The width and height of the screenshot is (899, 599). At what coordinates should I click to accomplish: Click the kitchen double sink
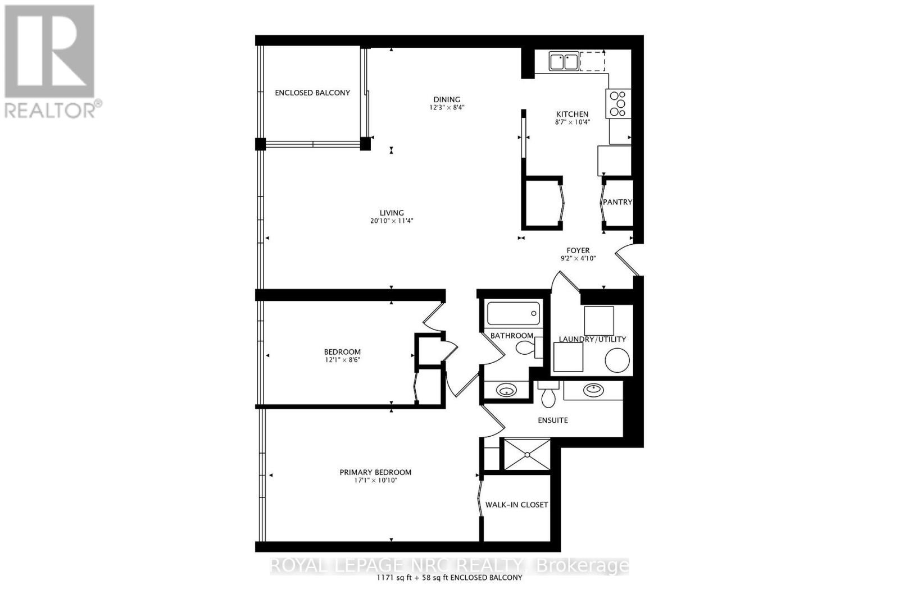pos(564,61)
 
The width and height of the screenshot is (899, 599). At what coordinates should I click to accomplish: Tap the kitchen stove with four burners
pos(618,104)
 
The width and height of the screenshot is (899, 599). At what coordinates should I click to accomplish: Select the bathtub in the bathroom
pos(514,313)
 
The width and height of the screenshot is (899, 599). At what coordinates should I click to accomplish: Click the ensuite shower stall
pos(527,455)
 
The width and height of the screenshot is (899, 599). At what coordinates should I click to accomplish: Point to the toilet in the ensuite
pos(548,395)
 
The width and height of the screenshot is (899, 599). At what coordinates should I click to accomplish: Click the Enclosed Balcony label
pos(312,93)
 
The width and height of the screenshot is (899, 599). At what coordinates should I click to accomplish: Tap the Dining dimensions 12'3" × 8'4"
pos(447,107)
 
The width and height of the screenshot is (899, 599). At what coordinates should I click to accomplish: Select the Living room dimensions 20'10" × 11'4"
pos(392,221)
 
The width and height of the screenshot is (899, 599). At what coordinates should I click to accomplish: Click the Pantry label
pos(618,202)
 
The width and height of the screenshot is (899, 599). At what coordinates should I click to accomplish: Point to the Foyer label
pos(578,250)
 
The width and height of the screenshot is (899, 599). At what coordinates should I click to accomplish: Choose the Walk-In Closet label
pos(516,505)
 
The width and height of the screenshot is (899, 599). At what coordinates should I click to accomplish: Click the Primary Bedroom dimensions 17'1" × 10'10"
pos(375,481)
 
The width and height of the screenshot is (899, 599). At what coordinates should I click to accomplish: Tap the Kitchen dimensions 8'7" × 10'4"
pos(572,122)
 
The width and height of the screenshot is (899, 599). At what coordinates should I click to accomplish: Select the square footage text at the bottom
pos(450,578)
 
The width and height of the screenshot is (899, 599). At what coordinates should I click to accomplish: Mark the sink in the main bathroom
pos(506,391)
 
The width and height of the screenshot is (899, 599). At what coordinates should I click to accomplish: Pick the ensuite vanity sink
pos(593,390)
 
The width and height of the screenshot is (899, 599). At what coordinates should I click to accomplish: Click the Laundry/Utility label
pos(592,339)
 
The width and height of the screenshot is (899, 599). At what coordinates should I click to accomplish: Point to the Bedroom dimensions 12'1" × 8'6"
pos(342,360)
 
